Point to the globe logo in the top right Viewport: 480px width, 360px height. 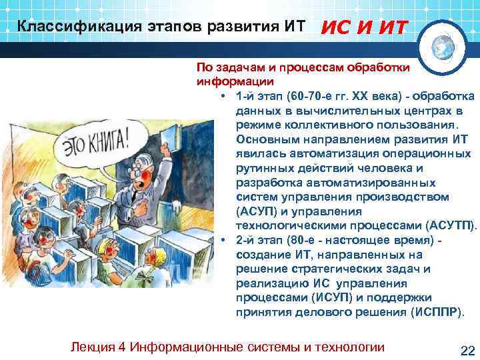click(x=445, y=47)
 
